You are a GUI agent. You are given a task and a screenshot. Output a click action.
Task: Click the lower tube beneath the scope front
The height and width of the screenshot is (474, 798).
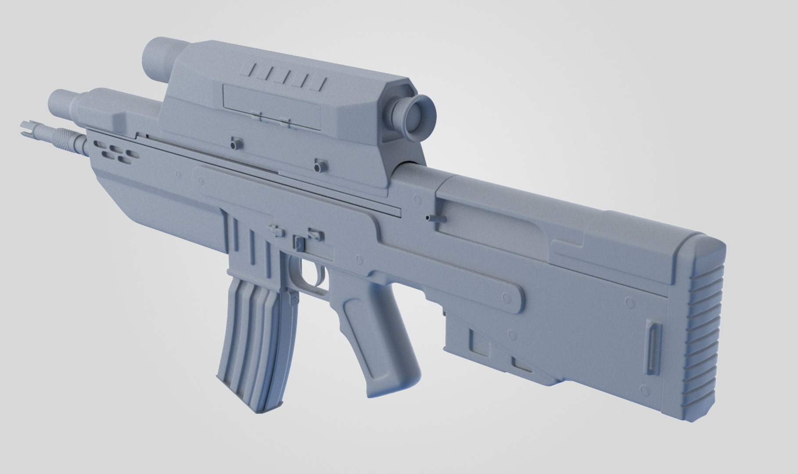[61, 103]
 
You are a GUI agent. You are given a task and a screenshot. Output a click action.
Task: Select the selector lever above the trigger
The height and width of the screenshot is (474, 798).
[300, 244]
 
